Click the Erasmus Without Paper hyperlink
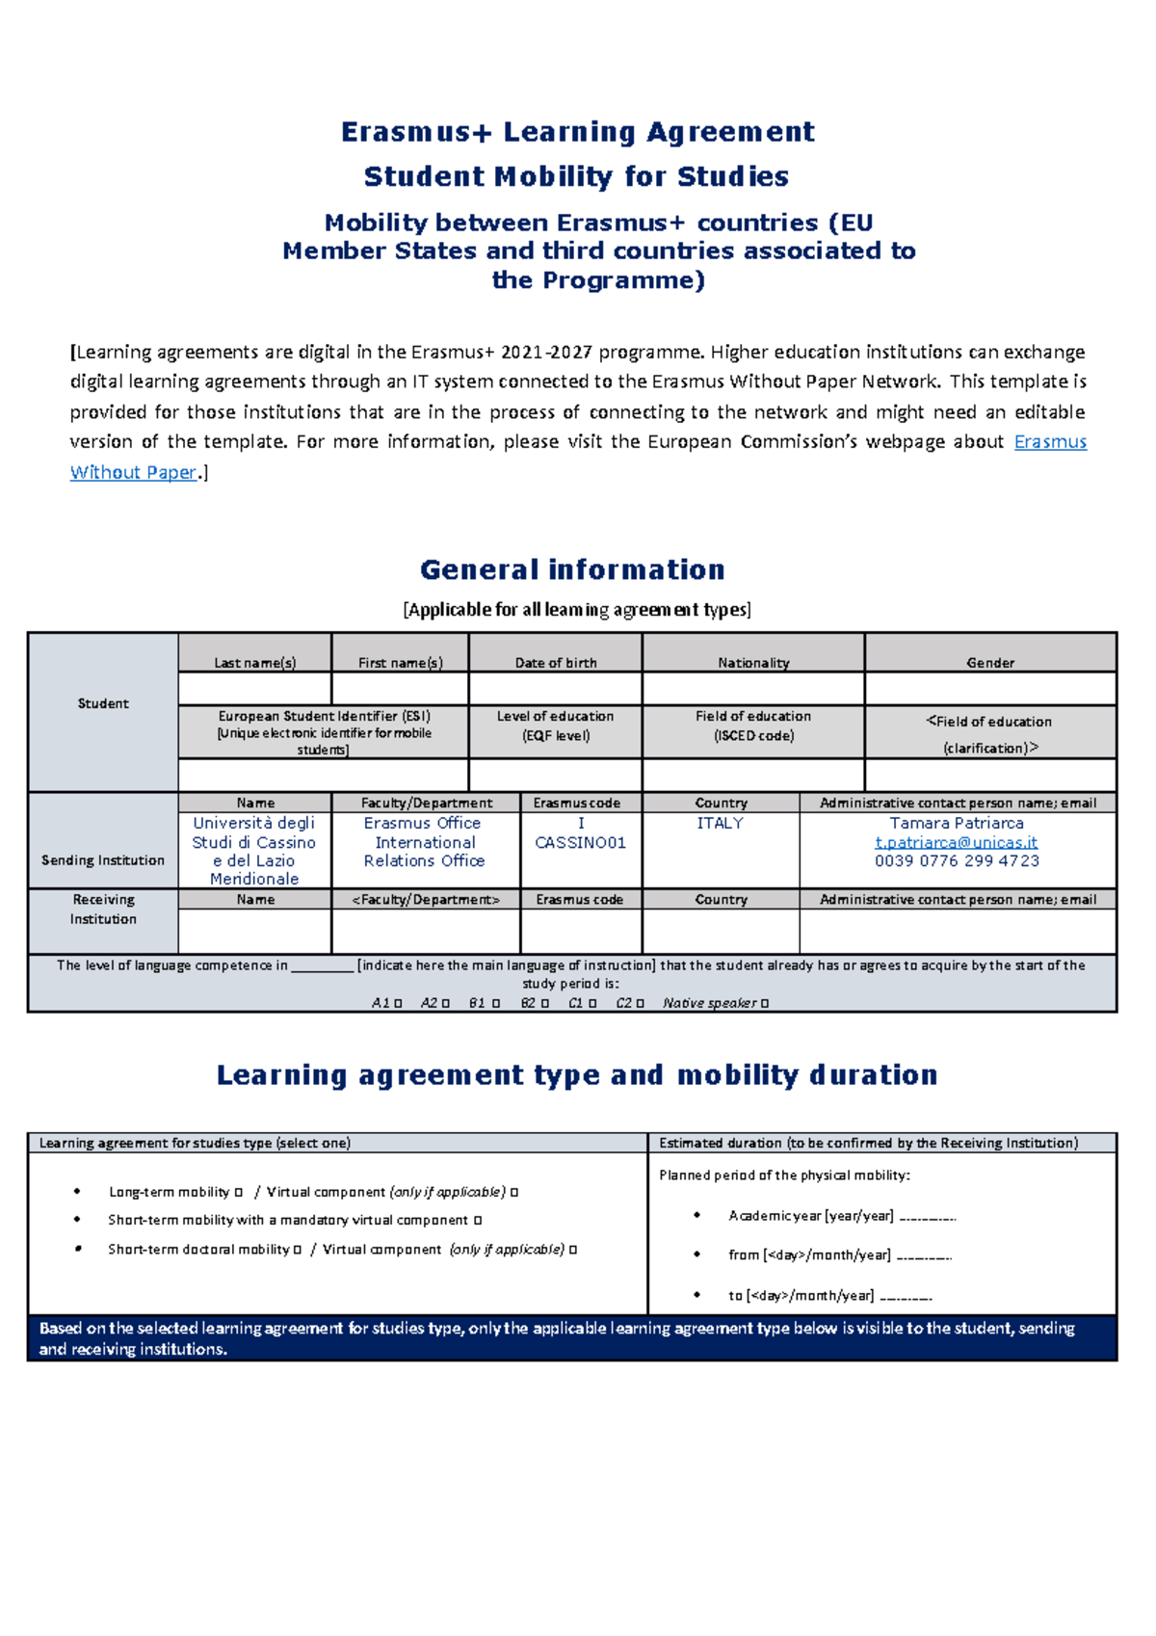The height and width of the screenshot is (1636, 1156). [x=1050, y=442]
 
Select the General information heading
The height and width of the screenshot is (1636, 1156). [x=572, y=569]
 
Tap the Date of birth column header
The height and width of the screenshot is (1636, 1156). [x=556, y=663]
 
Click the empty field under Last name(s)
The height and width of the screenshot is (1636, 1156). [x=254, y=688]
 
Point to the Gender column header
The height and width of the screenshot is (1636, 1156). [x=990, y=663]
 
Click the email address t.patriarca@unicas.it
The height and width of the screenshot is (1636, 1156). [x=956, y=842]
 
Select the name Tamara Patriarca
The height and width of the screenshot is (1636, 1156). [x=956, y=823]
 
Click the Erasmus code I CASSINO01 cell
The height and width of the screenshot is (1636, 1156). [x=580, y=833]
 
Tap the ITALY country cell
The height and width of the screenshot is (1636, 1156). [x=720, y=823]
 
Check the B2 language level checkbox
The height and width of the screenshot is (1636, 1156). [x=545, y=1003]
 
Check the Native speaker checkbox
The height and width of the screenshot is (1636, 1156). [x=765, y=1003]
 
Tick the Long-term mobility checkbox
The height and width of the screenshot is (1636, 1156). [x=239, y=1193]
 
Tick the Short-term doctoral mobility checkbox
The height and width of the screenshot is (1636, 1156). [x=298, y=1250]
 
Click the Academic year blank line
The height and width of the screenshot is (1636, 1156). [x=927, y=1218]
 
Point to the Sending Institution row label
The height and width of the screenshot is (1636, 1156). [x=103, y=860]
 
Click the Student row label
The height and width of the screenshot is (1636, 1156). [x=103, y=703]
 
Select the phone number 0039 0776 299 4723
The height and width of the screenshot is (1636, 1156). [x=956, y=861]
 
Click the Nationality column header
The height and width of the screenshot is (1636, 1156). [x=753, y=663]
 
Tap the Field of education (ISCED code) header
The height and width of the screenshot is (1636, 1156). [x=753, y=726]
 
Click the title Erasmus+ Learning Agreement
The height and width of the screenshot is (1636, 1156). [x=578, y=132]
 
